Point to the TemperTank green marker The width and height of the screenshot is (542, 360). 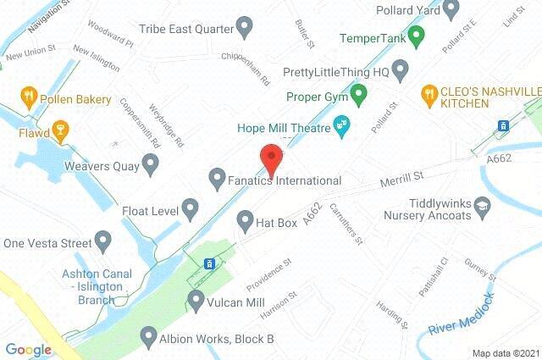415,36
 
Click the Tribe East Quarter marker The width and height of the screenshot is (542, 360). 245,28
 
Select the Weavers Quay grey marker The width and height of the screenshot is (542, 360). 151,166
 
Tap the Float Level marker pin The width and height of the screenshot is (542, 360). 190,207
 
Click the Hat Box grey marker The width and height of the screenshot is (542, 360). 245,219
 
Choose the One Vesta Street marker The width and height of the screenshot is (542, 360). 104,241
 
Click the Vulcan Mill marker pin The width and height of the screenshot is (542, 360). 196,299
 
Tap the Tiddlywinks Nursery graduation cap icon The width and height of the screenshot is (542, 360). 482,205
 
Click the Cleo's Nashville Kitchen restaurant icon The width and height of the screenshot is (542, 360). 429,91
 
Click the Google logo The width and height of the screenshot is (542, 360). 28,349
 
